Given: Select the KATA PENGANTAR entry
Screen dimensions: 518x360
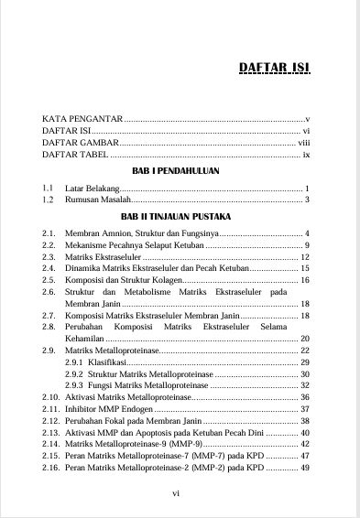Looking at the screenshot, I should coord(82,120).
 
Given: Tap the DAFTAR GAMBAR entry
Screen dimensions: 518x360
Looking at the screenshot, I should coord(81,144).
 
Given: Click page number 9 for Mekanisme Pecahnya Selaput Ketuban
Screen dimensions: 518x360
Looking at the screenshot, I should coord(307,246).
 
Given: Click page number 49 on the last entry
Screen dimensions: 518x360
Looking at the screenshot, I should coord(305,468).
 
